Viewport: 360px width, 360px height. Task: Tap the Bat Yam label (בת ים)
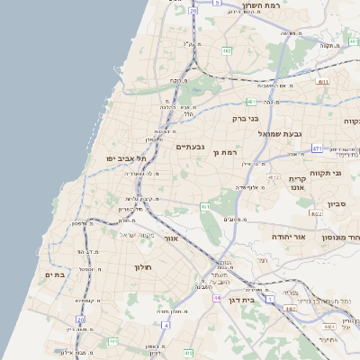[55, 274]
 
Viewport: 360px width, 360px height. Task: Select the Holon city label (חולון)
[144, 267]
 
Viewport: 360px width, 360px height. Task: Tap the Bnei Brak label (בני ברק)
[245, 118]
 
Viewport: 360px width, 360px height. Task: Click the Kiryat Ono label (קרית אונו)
[297, 184]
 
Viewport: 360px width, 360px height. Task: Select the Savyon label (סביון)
[337, 204]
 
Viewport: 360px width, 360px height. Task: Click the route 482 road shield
[227, 51]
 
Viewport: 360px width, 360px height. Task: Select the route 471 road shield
[344, 148]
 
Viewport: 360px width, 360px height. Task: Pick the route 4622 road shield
[316, 213]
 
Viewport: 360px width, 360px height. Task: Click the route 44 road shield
[217, 297]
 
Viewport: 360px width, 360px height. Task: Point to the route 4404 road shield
[290, 309]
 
